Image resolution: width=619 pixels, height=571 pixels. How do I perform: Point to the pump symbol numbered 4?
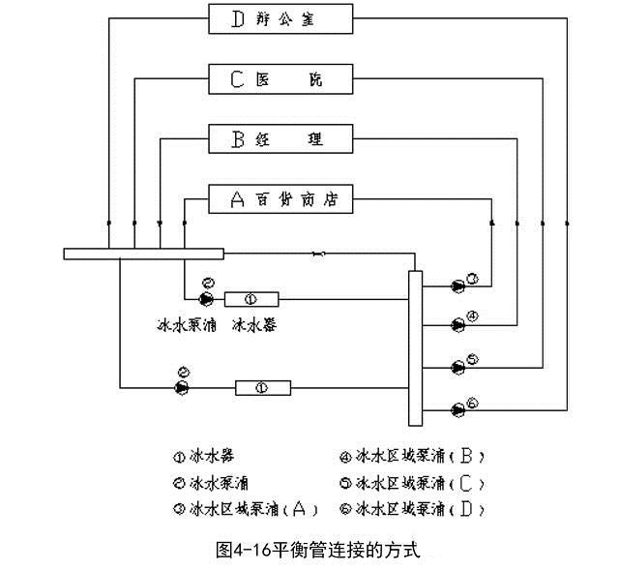[457, 323]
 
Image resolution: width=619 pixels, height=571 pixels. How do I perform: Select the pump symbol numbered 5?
[457, 366]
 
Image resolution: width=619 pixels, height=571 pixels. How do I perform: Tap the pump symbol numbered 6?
[457, 408]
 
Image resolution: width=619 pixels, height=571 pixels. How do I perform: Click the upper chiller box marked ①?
[251, 298]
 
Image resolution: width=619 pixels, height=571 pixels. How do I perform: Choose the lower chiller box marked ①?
[264, 388]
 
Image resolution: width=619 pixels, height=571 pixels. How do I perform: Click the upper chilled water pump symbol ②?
[205, 298]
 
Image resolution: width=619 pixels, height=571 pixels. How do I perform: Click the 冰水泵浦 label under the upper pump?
[188, 324]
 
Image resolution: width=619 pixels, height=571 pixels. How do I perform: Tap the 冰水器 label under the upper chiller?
[254, 324]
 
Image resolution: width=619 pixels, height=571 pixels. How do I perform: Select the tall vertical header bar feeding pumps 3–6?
[416, 348]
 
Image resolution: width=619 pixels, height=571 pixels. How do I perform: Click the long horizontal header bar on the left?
[143, 254]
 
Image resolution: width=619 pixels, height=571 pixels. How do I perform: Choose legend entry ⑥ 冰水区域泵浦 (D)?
[412, 508]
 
